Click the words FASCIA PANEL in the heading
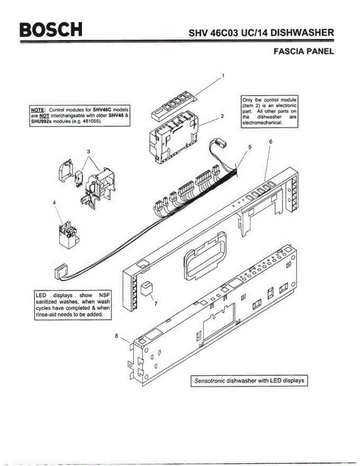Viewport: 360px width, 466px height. click(x=304, y=51)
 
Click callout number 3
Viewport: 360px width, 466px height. click(x=89, y=151)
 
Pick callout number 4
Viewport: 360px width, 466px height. click(x=54, y=202)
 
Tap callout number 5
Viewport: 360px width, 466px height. click(x=250, y=147)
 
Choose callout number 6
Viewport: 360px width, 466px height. click(x=270, y=142)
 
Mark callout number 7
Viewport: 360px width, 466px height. click(x=156, y=304)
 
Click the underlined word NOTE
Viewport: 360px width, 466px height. click(x=38, y=110)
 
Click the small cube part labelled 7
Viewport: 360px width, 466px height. click(x=146, y=290)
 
